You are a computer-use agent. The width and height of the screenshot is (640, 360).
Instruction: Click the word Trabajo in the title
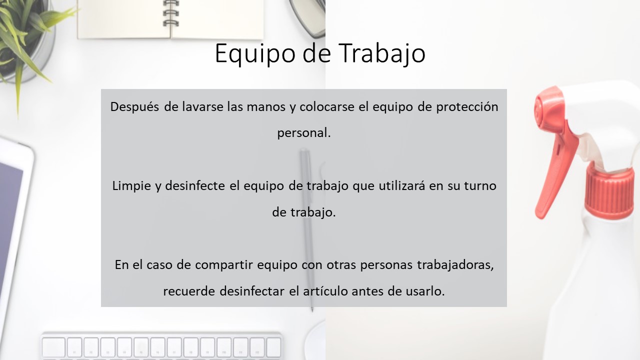coord(383,53)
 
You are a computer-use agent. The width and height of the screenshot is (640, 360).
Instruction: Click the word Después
coord(134,107)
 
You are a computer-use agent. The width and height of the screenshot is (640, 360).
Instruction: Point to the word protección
coord(467,107)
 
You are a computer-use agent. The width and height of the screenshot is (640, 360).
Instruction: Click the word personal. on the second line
coord(304,133)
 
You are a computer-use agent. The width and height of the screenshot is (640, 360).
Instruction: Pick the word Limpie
coord(131,186)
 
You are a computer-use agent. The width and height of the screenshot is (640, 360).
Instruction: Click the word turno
coord(480,186)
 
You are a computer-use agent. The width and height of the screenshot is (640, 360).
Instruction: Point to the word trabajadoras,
coord(455,265)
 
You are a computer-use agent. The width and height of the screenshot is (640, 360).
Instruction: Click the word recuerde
coord(189,291)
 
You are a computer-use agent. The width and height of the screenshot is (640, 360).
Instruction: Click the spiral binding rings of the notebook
coord(171,13)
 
